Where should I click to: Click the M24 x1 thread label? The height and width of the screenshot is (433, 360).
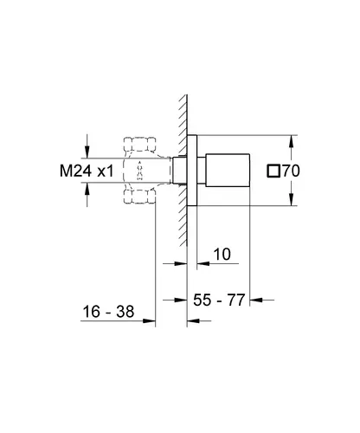point(87,171)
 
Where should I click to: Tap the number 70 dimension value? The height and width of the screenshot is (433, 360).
point(291,171)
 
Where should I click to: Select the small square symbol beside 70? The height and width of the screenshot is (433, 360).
point(273,171)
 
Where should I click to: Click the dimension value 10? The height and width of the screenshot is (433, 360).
point(222,255)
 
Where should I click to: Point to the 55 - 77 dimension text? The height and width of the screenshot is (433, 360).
point(219,300)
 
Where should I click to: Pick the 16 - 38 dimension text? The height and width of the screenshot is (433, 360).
point(108,312)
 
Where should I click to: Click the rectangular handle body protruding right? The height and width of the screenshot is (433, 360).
point(228,171)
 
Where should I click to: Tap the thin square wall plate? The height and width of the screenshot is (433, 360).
point(192,171)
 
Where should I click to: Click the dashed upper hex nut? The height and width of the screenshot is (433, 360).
point(140,144)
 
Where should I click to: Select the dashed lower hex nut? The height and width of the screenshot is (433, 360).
point(140,197)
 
